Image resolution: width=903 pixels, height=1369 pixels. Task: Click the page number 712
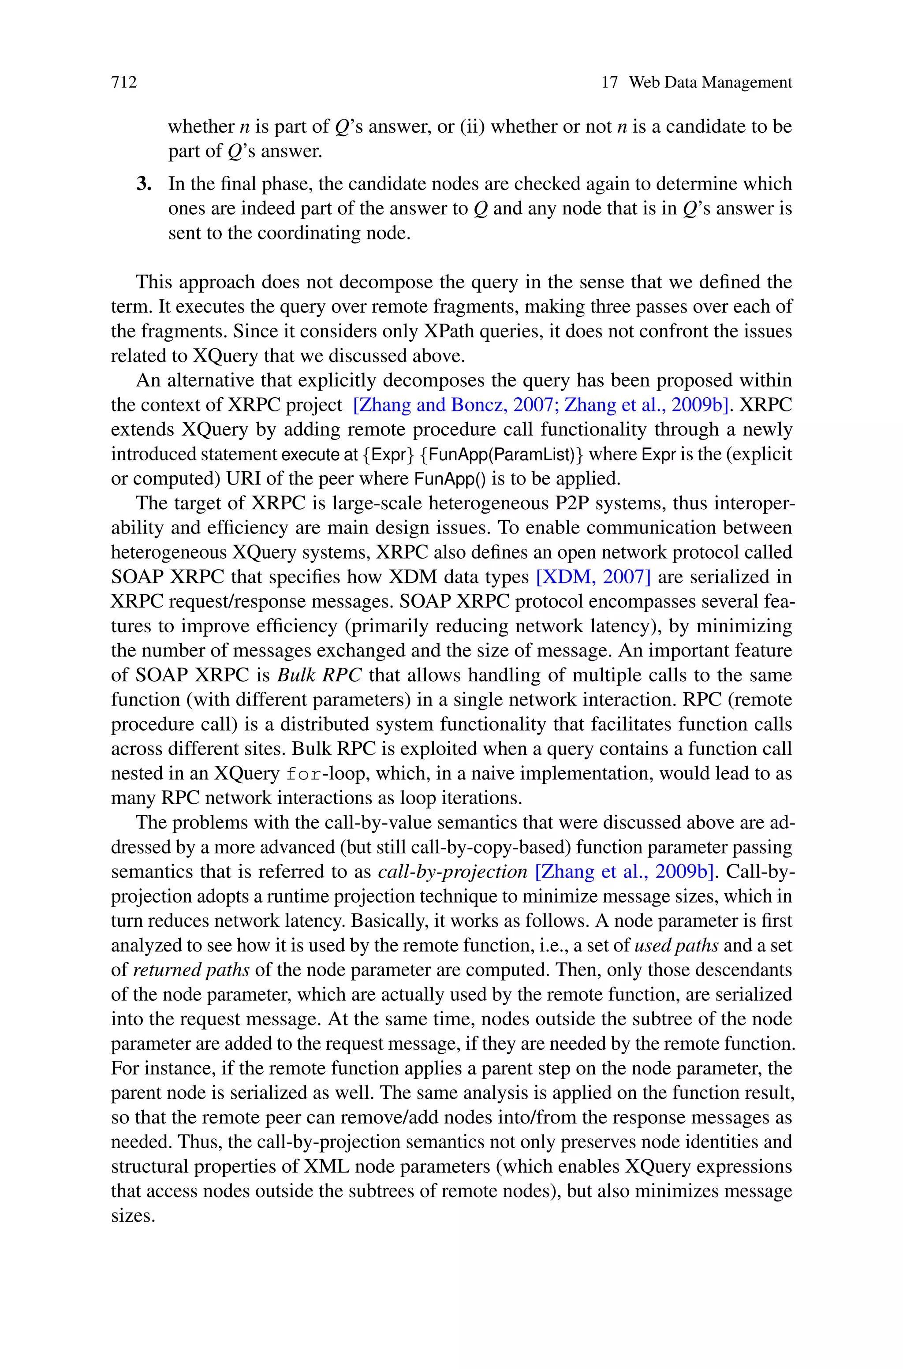(124, 82)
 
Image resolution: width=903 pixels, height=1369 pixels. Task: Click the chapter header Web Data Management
(710, 82)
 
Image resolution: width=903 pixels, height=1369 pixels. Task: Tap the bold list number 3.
(144, 184)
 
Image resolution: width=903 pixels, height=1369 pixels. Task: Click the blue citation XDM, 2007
(593, 576)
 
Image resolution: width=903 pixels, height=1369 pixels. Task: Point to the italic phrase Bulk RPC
(319, 675)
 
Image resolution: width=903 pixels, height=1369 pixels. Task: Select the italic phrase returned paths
(191, 970)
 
